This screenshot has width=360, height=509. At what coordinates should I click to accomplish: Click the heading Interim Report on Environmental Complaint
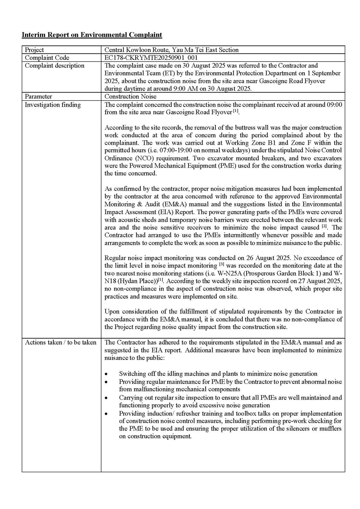point(92,35)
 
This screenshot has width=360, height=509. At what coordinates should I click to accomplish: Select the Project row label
point(34,50)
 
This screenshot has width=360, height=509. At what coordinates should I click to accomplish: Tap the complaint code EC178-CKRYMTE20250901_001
point(151,58)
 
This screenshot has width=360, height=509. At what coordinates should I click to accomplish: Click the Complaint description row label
point(54,66)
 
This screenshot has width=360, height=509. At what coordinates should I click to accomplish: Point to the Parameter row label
point(38,97)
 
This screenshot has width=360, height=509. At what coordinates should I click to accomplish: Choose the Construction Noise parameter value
point(130,97)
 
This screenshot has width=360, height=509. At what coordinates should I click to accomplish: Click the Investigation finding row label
point(53,105)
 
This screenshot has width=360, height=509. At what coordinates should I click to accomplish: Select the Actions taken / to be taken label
point(60,342)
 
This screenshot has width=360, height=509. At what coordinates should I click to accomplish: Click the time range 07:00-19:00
point(134,151)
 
